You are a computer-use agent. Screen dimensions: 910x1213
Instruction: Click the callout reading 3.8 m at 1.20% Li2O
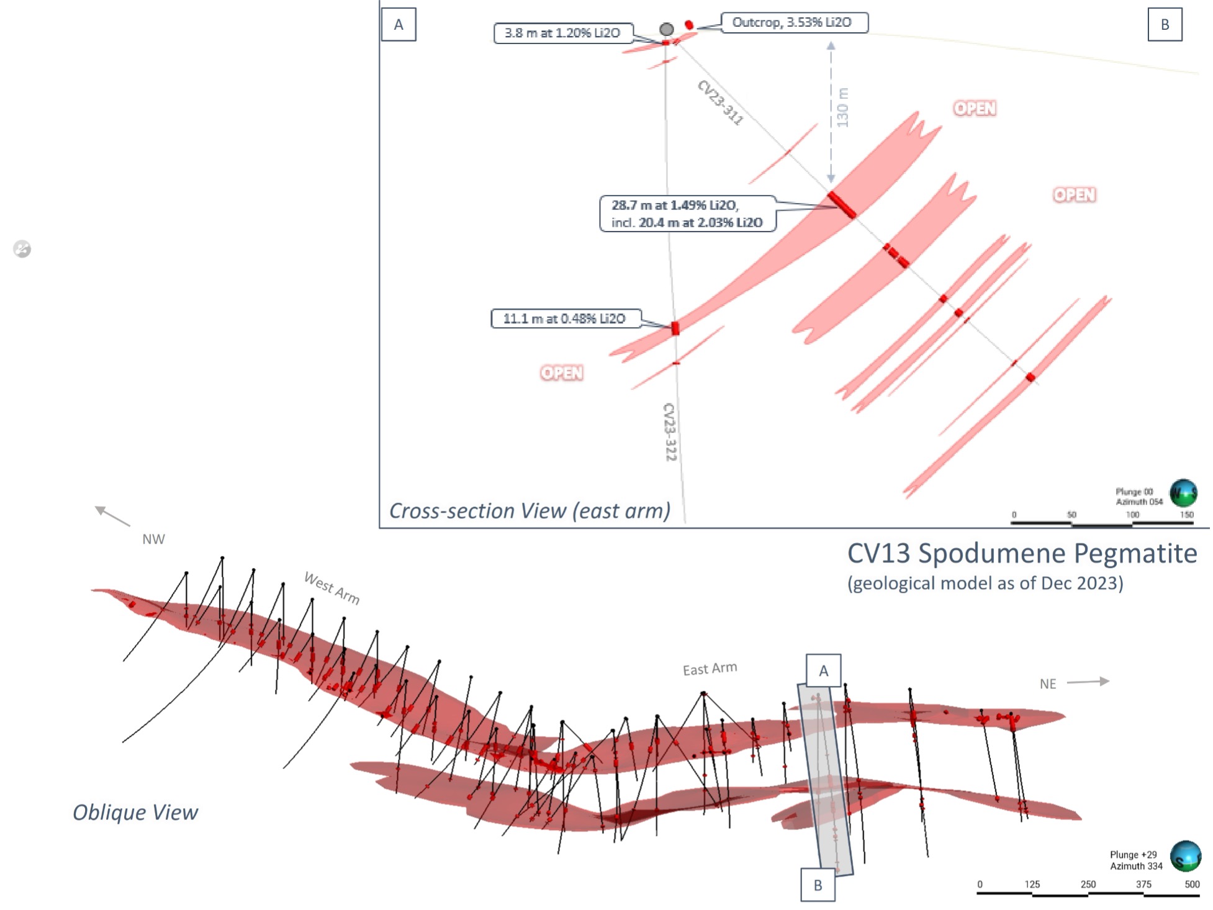(x=562, y=33)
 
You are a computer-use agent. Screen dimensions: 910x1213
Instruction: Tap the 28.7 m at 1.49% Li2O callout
(x=687, y=214)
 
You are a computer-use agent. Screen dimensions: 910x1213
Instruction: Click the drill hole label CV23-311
(x=720, y=102)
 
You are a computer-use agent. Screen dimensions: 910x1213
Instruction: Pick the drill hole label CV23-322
(x=670, y=432)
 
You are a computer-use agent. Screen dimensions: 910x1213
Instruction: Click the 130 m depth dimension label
(x=842, y=108)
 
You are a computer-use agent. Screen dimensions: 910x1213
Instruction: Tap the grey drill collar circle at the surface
(x=667, y=29)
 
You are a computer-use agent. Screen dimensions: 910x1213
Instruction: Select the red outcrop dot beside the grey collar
(x=689, y=25)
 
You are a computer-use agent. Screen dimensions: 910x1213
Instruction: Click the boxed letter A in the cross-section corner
(x=399, y=25)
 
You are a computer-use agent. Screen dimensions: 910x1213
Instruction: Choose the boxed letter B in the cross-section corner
(x=1165, y=25)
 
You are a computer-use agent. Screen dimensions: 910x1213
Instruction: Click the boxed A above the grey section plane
(x=823, y=670)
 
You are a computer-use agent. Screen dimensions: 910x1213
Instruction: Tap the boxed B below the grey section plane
(x=818, y=885)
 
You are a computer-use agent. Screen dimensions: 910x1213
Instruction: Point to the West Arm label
(x=332, y=588)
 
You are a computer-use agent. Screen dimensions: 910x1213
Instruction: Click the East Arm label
(x=710, y=669)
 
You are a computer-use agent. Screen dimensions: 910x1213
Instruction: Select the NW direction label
(x=153, y=539)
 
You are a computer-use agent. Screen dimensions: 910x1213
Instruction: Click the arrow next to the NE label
(x=1088, y=682)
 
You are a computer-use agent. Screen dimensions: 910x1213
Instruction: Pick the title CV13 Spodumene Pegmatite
(x=1022, y=553)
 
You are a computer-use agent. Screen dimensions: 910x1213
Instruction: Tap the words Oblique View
(x=135, y=813)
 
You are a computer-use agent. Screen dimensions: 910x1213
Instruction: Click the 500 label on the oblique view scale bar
(x=1192, y=885)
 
